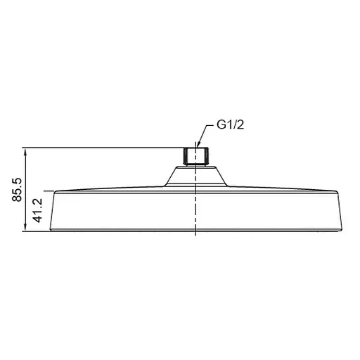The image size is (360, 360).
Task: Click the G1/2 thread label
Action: pos(230,124)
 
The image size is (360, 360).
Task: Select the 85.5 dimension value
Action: pos(17,190)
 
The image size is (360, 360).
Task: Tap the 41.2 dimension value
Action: pos(38,210)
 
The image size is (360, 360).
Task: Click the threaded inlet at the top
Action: pos(196,157)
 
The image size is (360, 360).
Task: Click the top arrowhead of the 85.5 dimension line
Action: pos(25,151)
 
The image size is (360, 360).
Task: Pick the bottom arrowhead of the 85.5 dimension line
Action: pos(25,228)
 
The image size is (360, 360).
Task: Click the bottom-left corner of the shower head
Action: pos(51,231)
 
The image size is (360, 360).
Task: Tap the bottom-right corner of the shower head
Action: pos(342,231)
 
